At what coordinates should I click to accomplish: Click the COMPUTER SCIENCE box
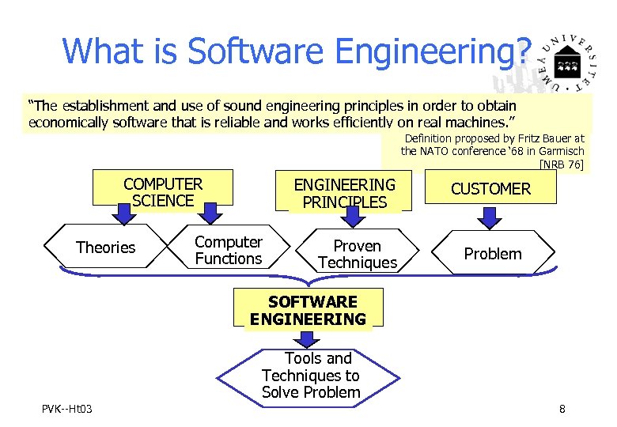point(163,192)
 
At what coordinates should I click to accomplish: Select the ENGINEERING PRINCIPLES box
point(344,193)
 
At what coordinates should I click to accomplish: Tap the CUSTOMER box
point(490,189)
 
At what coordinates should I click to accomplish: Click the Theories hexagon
point(105,248)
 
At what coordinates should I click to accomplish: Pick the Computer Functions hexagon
point(228,250)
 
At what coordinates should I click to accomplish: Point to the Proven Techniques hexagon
point(357,254)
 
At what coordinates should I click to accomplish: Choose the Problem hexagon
point(492,254)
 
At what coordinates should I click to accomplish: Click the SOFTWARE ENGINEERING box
point(308,310)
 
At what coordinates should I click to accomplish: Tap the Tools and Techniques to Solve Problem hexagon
point(311,376)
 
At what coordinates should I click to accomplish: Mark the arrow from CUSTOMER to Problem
point(490,216)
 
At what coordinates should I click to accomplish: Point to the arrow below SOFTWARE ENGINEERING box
point(308,338)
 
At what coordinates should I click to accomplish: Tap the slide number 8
point(562,409)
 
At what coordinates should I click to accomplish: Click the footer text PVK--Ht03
point(67,409)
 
